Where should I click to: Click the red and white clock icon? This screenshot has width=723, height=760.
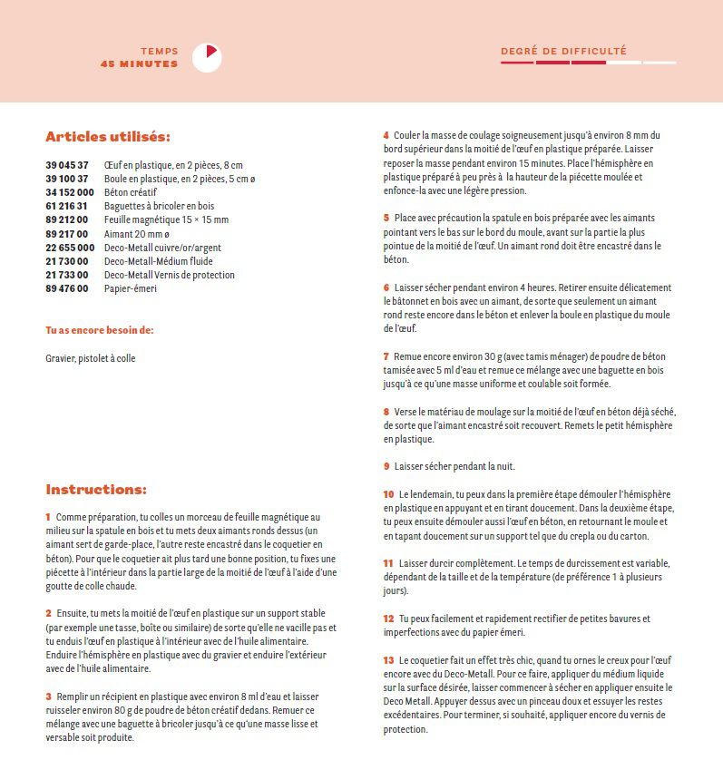(208, 57)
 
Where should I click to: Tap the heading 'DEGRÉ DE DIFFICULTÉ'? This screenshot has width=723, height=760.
(563, 52)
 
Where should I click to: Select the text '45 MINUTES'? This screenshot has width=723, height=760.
(140, 64)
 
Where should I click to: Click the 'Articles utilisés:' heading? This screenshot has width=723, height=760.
(108, 137)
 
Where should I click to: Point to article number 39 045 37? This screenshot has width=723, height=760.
(67, 165)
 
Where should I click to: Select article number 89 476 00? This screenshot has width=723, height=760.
(67, 288)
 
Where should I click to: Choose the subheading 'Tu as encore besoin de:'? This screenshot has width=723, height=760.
(100, 330)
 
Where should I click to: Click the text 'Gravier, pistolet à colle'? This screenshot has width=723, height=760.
(91, 358)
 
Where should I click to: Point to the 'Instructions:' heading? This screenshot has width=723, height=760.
(95, 490)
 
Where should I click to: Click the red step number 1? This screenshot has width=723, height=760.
(48, 516)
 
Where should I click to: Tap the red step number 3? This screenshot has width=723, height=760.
(48, 696)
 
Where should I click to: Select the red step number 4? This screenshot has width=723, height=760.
(386, 135)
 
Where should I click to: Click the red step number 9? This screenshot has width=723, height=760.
(386, 466)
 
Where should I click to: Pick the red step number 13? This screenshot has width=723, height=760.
(388, 660)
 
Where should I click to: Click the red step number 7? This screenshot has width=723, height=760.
(386, 356)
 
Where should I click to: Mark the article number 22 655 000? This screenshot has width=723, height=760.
(70, 248)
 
